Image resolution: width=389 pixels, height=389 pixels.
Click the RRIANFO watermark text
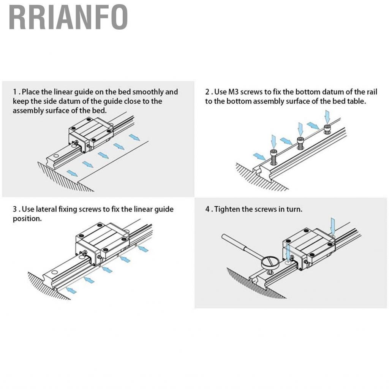coord(68,17)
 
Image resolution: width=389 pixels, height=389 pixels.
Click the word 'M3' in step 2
coord(233,92)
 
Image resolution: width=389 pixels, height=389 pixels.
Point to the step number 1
coord(15,92)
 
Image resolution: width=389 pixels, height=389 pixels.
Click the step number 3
coord(15,209)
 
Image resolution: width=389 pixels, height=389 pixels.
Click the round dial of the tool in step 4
coord(270,263)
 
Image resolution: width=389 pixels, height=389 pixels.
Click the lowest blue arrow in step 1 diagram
coord(72,173)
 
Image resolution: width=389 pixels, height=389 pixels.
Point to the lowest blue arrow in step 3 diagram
coord(71,289)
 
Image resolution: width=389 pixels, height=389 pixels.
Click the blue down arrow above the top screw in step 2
coord(327,117)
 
